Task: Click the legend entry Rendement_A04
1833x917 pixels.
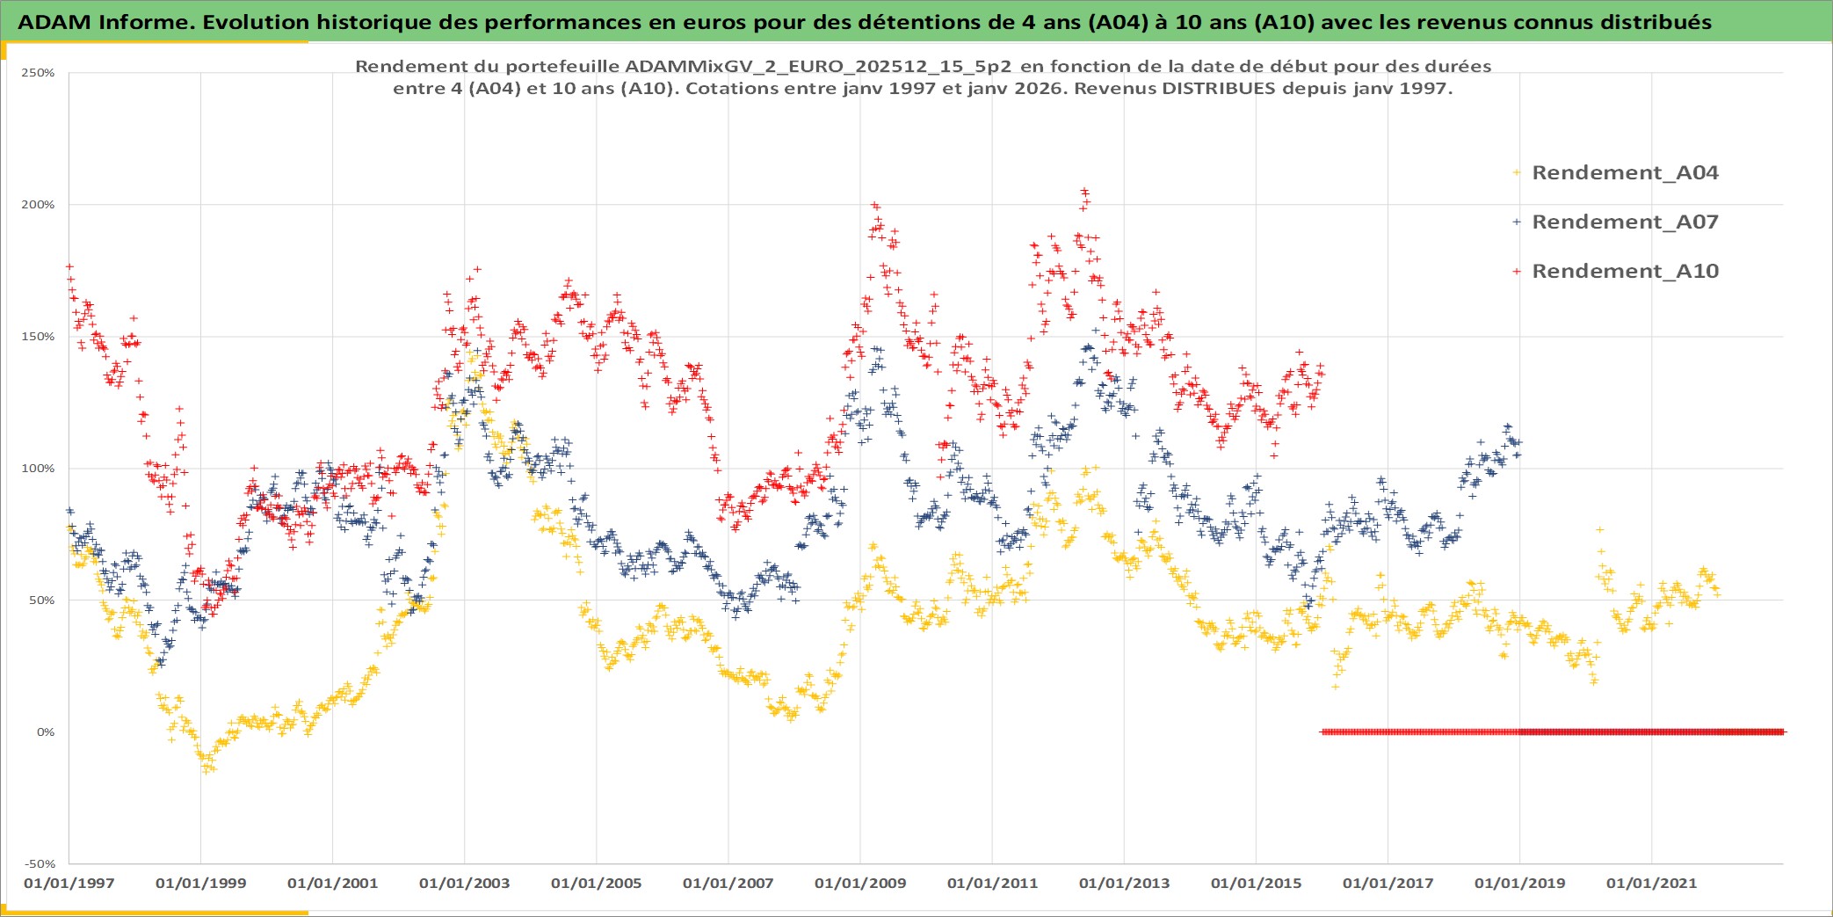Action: [x=1625, y=172]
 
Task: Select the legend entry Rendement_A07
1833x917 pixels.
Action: [x=1625, y=222]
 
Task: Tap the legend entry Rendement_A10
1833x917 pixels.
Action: [x=1625, y=271]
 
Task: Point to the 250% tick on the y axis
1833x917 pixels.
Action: [x=38, y=73]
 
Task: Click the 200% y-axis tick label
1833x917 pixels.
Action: [x=38, y=205]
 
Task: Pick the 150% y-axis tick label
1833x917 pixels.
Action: [x=38, y=337]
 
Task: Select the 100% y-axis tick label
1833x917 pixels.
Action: [x=38, y=469]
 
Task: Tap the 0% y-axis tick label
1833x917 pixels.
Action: [x=45, y=732]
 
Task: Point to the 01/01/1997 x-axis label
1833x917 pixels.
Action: [x=69, y=884]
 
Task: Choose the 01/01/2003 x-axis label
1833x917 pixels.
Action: [x=464, y=884]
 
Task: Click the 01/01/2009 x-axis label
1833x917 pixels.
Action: [x=859, y=884]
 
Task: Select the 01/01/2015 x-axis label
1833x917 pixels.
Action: [x=1256, y=884]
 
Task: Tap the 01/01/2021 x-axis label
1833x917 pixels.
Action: [x=1651, y=884]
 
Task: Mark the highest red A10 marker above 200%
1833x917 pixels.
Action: [x=1084, y=190]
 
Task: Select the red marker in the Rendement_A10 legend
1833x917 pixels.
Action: [x=1517, y=272]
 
